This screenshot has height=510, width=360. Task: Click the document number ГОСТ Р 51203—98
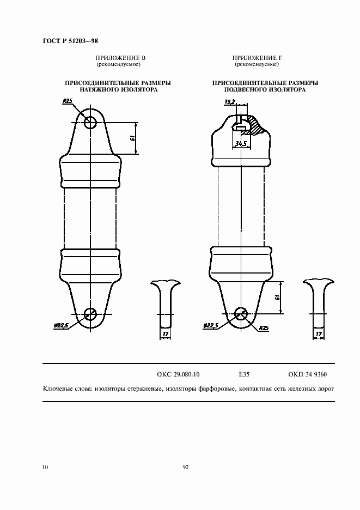tap(70, 41)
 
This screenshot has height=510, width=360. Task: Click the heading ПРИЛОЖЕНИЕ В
tap(120, 58)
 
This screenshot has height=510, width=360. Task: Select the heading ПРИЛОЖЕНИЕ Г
tap(257, 58)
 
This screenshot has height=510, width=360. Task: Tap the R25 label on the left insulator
tap(67, 101)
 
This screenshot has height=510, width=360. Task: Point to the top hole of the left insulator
tap(90, 123)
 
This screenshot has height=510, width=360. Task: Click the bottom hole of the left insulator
tap(90, 314)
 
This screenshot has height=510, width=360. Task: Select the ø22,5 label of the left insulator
tap(61, 325)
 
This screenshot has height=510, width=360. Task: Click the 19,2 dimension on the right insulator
tap(230, 102)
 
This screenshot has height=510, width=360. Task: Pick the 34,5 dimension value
tap(241, 143)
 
